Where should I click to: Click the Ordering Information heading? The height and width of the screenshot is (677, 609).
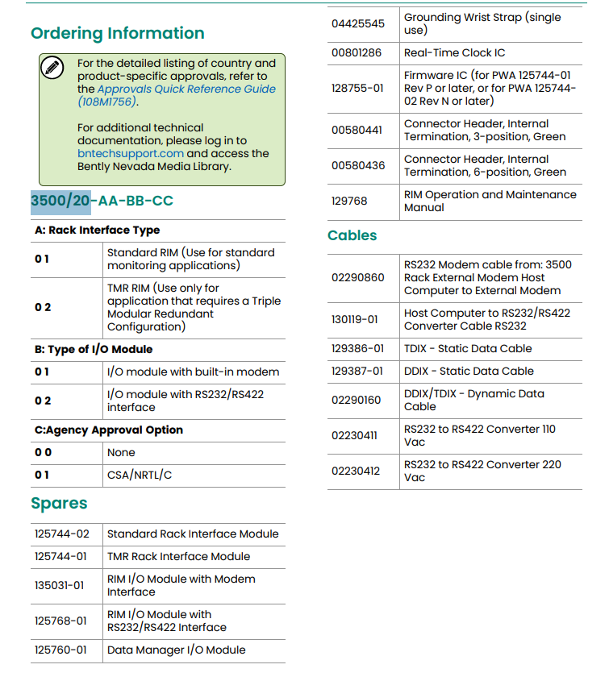(x=118, y=33)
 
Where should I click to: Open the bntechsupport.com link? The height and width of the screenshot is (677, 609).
(x=131, y=153)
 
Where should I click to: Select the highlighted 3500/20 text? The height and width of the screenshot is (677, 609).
(x=60, y=201)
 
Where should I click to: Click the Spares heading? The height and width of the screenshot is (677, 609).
(x=59, y=504)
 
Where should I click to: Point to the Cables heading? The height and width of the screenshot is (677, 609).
(x=352, y=235)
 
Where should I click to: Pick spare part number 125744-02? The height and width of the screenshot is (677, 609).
(x=62, y=534)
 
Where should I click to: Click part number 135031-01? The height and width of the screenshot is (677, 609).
(x=59, y=585)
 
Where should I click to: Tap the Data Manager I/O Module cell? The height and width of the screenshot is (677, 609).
(x=176, y=650)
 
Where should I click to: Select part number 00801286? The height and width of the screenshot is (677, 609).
(x=358, y=52)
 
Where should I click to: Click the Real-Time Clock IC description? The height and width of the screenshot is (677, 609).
(x=454, y=52)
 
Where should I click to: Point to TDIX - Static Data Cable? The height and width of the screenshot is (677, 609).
(x=468, y=348)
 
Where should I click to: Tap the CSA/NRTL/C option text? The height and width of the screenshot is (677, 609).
(x=140, y=475)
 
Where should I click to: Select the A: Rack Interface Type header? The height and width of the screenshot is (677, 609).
(x=97, y=230)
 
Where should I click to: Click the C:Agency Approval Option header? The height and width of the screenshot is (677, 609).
(x=108, y=430)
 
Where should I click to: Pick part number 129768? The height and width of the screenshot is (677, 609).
(x=349, y=201)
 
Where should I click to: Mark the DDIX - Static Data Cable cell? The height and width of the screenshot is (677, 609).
(x=469, y=371)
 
